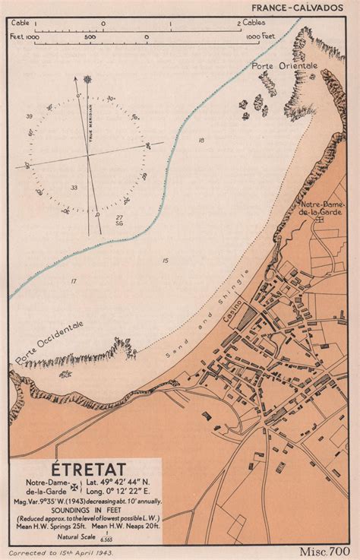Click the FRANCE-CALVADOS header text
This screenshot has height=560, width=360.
(x=305, y=7)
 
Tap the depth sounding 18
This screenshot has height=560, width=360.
(x=201, y=141)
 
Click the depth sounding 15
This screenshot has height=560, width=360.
(x=165, y=261)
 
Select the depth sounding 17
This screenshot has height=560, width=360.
(x=74, y=281)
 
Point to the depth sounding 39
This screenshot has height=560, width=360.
(x=29, y=115)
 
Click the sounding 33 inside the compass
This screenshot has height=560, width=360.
(x=74, y=187)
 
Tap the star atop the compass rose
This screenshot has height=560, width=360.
(x=87, y=78)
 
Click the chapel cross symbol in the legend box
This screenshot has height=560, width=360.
(x=74, y=491)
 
